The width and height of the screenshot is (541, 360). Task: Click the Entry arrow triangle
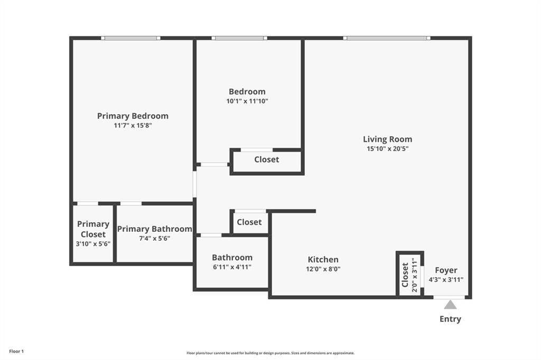point(450,305)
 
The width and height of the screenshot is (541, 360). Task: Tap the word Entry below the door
point(450,319)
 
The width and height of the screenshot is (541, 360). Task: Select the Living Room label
point(387,139)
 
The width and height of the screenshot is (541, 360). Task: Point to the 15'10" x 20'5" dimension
point(388,149)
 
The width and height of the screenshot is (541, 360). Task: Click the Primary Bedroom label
point(133,116)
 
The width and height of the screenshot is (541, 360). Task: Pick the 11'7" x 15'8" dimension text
point(133,126)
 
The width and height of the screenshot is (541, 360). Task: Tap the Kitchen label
point(323,259)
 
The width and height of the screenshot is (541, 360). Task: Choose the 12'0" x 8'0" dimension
point(323,269)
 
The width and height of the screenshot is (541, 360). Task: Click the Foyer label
point(446,270)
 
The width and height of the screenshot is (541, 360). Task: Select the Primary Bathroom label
point(154,229)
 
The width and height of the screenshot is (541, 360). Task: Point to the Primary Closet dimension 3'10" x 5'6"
point(93,244)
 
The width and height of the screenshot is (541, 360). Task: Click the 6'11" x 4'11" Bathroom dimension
point(232,267)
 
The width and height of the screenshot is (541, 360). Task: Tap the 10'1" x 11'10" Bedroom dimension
point(247,101)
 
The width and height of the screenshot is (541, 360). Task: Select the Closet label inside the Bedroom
point(266,159)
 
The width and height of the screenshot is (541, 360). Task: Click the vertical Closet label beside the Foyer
point(405,274)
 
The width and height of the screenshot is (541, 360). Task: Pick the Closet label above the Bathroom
point(249,222)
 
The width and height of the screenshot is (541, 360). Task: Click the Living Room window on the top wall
point(386,38)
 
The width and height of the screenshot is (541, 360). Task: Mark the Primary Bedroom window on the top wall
point(130,38)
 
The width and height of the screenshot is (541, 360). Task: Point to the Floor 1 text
point(16,351)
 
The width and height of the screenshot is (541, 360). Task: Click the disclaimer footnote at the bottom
point(270,353)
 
